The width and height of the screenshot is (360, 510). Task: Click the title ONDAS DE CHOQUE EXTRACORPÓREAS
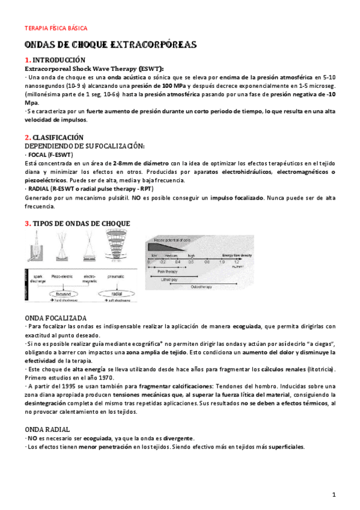[x=111, y=46]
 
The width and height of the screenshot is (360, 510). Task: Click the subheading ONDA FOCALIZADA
[x=55, y=318]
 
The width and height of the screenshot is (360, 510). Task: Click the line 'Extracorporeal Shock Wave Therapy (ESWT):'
[x=93, y=69]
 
